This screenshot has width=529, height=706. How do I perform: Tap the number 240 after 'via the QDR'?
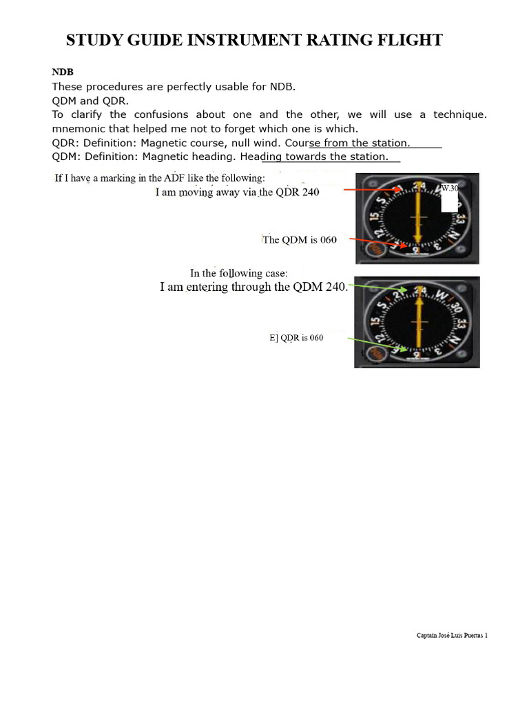(x=308, y=192)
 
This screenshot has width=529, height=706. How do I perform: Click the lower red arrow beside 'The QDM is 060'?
(x=375, y=242)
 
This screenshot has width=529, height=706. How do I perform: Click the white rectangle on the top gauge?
(x=449, y=202)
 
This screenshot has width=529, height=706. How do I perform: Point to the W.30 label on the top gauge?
(x=449, y=188)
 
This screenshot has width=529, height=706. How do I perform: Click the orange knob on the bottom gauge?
(x=376, y=354)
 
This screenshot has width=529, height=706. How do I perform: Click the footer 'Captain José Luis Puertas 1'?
(x=452, y=636)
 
